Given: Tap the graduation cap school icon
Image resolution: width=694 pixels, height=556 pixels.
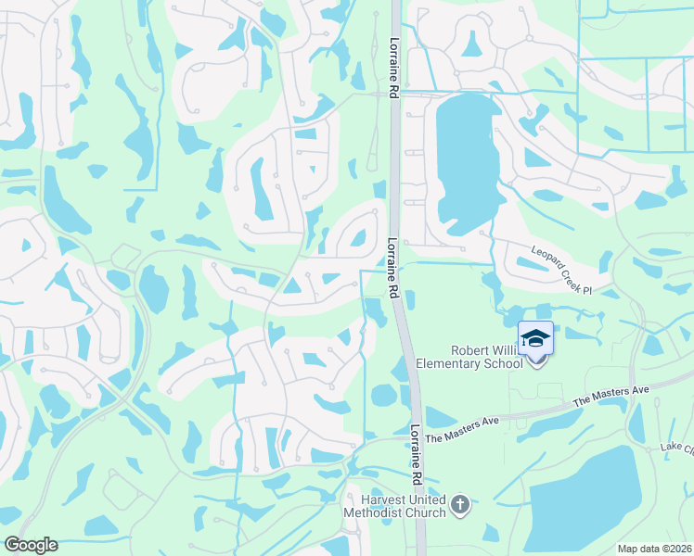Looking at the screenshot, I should (535, 338).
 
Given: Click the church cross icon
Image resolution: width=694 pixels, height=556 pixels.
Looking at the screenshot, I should (460, 505).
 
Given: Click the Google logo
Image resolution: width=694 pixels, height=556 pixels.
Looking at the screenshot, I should (31, 545).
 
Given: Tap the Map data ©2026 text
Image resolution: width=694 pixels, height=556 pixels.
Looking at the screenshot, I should (654, 549).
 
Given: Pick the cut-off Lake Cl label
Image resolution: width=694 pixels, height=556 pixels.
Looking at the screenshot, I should (676, 448).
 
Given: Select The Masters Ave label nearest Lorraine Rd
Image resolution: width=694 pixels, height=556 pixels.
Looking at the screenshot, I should (465, 424).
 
